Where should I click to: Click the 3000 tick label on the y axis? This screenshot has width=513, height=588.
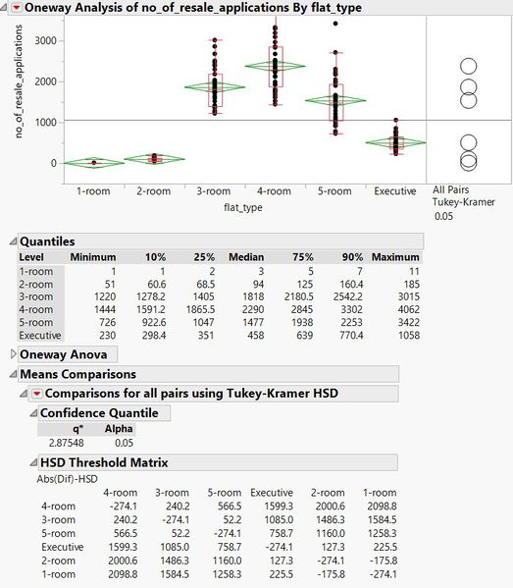coord(46,40)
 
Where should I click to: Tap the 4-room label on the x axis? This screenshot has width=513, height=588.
coord(274,191)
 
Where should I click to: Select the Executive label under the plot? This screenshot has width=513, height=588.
coord(395,191)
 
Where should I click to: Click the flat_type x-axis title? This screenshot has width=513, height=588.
coord(243,207)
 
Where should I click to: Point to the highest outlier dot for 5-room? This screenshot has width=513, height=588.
coord(335,24)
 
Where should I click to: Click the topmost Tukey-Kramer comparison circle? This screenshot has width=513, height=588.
coord(469,67)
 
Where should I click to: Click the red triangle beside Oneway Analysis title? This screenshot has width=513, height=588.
coord(17,7)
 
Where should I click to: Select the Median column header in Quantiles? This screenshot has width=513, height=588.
coord(246,257)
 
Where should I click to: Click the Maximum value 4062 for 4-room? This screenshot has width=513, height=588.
coord(408,310)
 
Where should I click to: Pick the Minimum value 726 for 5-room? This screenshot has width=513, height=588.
coord(107,323)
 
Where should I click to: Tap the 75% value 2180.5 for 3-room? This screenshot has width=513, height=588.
coord(298,297)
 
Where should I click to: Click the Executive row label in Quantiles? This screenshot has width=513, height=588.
coord(40,336)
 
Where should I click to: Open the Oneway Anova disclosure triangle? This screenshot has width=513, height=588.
coord(13,354)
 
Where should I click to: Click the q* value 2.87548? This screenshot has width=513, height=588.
coord(67,443)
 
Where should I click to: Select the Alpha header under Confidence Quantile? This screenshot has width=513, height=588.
coord(119,429)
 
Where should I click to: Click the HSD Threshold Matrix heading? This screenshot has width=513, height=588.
coord(104,462)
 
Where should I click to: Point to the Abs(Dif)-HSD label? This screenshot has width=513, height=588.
coord(67,479)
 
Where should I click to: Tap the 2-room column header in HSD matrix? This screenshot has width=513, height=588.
coord(328,493)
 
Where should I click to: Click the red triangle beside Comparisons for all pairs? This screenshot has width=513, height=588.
coord(36,394)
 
